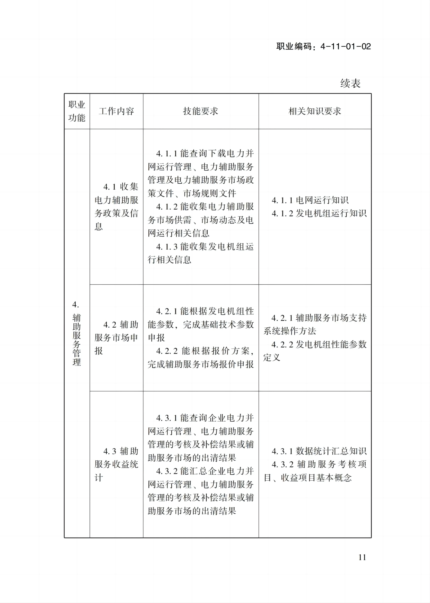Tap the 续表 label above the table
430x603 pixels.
(350, 83)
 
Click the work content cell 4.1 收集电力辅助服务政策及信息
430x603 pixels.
(116, 206)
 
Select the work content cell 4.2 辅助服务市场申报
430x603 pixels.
(116, 338)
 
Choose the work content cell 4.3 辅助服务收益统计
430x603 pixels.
(116, 464)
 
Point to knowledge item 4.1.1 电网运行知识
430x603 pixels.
(310, 200)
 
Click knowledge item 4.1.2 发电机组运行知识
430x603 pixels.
(319, 213)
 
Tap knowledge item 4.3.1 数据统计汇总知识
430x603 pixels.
(319, 451)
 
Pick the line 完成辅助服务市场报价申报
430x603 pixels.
(201, 364)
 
